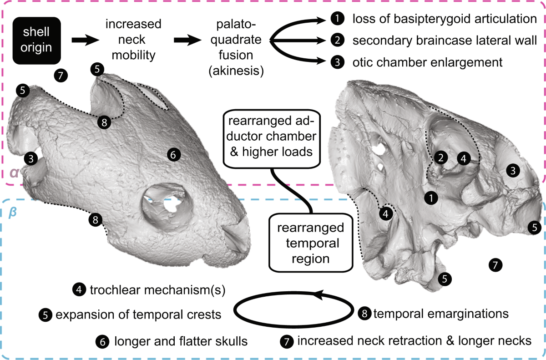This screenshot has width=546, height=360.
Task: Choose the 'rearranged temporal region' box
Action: (x=309, y=243)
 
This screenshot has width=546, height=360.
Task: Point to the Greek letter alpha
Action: (x=14, y=173)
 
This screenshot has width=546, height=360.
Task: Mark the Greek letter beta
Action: (x=14, y=212)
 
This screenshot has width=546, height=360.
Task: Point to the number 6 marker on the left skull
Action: (x=172, y=154)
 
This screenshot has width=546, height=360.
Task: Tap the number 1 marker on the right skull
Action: (x=430, y=198)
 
